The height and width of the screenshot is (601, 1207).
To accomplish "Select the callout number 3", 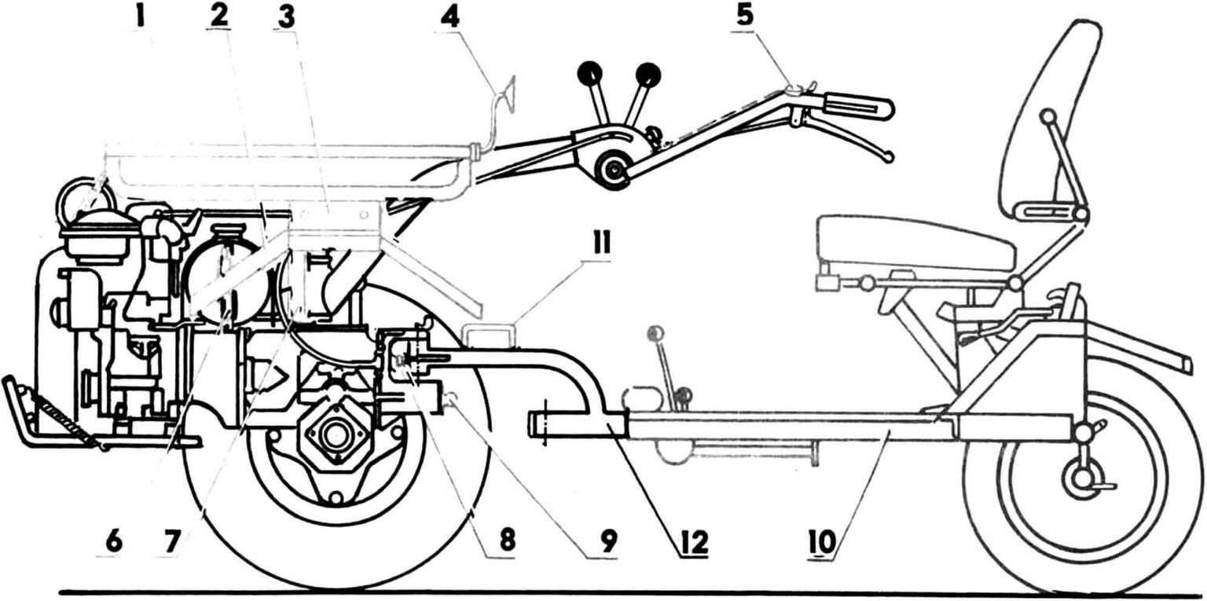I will point(286,18).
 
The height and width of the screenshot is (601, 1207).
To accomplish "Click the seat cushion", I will point(915,244).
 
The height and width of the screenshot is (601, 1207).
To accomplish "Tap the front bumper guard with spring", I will point(55,412).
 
